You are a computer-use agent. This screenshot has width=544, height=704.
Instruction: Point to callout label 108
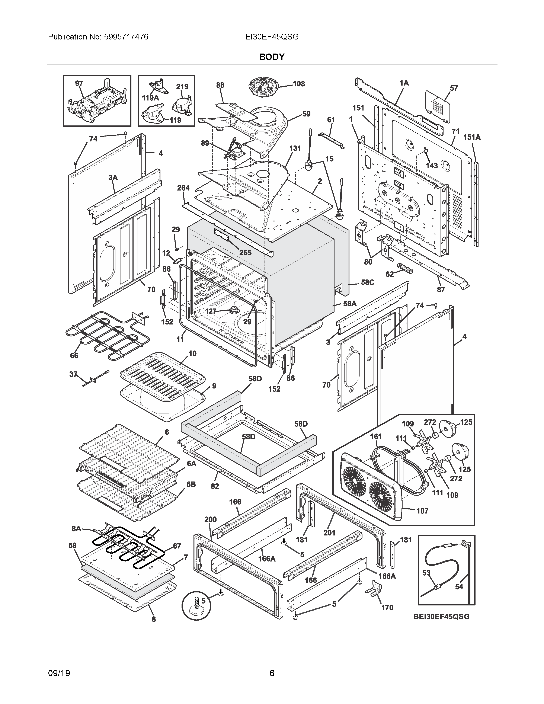[298, 84]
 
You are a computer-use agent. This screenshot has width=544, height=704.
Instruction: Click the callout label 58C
[367, 282]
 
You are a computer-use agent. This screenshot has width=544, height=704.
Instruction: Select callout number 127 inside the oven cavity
[210, 311]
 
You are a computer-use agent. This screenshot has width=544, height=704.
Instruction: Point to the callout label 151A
[472, 137]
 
